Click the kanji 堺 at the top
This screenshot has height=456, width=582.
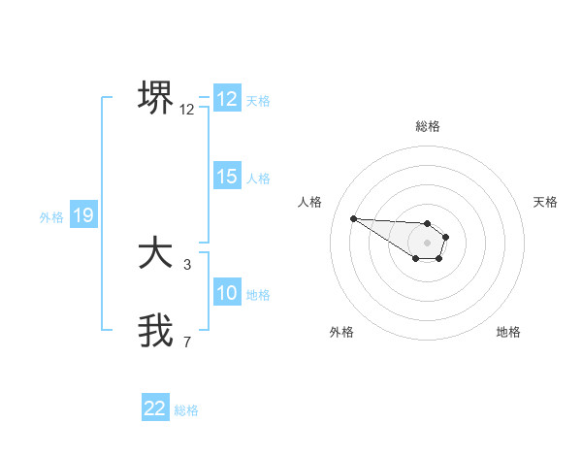155,98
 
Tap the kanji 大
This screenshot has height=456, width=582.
155,254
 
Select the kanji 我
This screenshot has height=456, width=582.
155,331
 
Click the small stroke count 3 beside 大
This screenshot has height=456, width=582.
187,264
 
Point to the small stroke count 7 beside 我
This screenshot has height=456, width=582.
187,342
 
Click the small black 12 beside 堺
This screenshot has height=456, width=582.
187,110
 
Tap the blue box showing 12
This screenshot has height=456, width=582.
227,99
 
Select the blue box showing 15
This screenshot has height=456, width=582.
227,177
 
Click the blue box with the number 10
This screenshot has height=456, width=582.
227,293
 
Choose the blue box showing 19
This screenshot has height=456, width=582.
83,215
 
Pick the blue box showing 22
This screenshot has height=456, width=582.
155,408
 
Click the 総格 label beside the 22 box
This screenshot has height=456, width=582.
186,410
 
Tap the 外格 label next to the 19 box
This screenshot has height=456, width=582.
51,217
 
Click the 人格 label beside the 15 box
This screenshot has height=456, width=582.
258,179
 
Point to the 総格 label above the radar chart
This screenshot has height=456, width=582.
428,126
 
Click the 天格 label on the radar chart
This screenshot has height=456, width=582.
546,202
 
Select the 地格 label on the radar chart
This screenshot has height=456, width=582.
508,332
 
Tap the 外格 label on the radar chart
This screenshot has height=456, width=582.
341,332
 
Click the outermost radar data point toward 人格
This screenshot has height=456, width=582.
353,218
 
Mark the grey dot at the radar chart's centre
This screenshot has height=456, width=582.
428,243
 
